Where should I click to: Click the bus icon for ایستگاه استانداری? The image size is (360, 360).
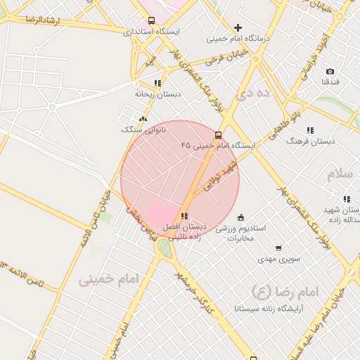point(152,21)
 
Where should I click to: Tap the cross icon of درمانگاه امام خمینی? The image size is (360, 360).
point(238,27)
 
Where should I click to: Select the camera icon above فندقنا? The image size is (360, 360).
point(330,72)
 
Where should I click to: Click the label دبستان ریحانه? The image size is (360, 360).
point(158,93)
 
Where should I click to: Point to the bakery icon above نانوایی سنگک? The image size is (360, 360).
point(143,120)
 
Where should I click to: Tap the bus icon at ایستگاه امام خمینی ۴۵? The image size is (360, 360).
point(218,134)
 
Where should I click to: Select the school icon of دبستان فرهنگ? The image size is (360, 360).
point(310,130)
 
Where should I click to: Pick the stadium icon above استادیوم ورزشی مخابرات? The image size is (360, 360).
point(241,217)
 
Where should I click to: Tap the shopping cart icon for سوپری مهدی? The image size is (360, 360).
point(278,247)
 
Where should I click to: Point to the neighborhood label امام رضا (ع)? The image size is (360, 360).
point(285,290)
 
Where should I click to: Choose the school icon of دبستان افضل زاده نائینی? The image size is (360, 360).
point(184,217)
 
